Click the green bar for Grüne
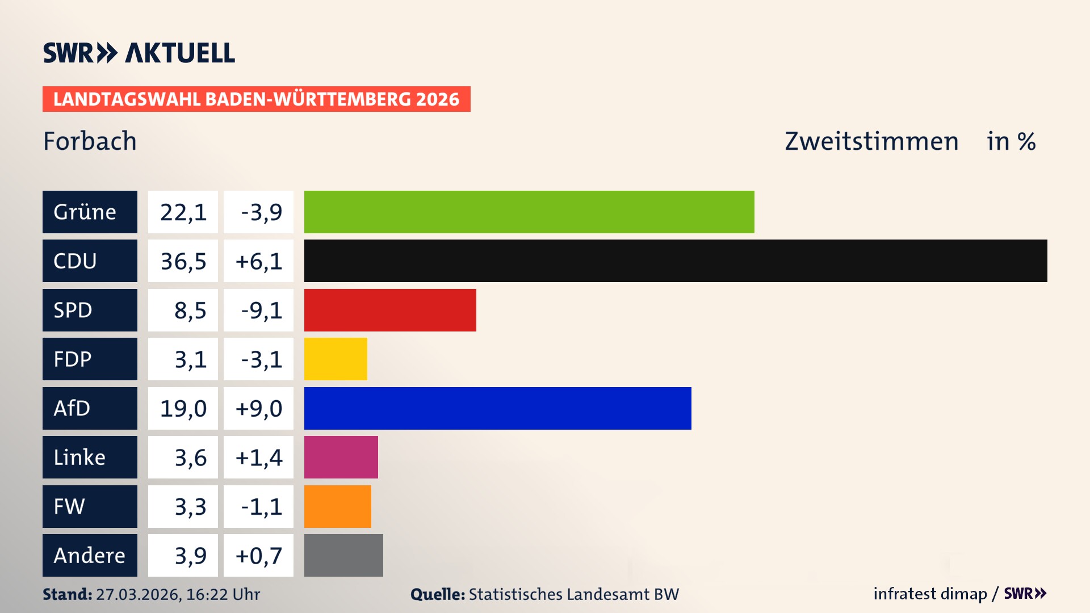coord(529,212)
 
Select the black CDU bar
coord(676,261)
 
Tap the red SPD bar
coord(390,310)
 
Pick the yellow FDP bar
coord(336,359)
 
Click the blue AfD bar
coord(498,408)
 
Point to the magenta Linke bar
coord(341,457)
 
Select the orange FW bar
coord(337,506)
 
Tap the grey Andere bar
coord(343,555)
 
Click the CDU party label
coord(90,261)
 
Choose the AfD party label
coord(90,408)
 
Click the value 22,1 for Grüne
coord(183,212)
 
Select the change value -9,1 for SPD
coord(259,310)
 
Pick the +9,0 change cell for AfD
coord(259,408)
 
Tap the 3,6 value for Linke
coord(183,457)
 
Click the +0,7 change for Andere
coord(259,555)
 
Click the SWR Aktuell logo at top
coord(139,53)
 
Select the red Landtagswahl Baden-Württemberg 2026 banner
coord(256,99)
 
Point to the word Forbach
coord(90,141)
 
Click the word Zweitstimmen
coord(871,141)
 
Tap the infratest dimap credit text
coord(930,594)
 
